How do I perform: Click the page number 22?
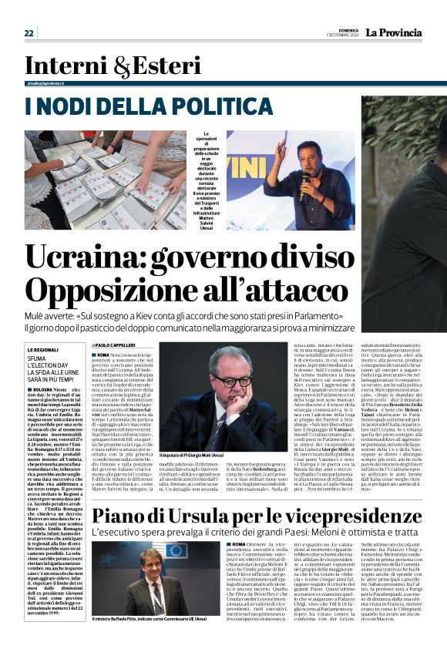[x=29, y=32]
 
